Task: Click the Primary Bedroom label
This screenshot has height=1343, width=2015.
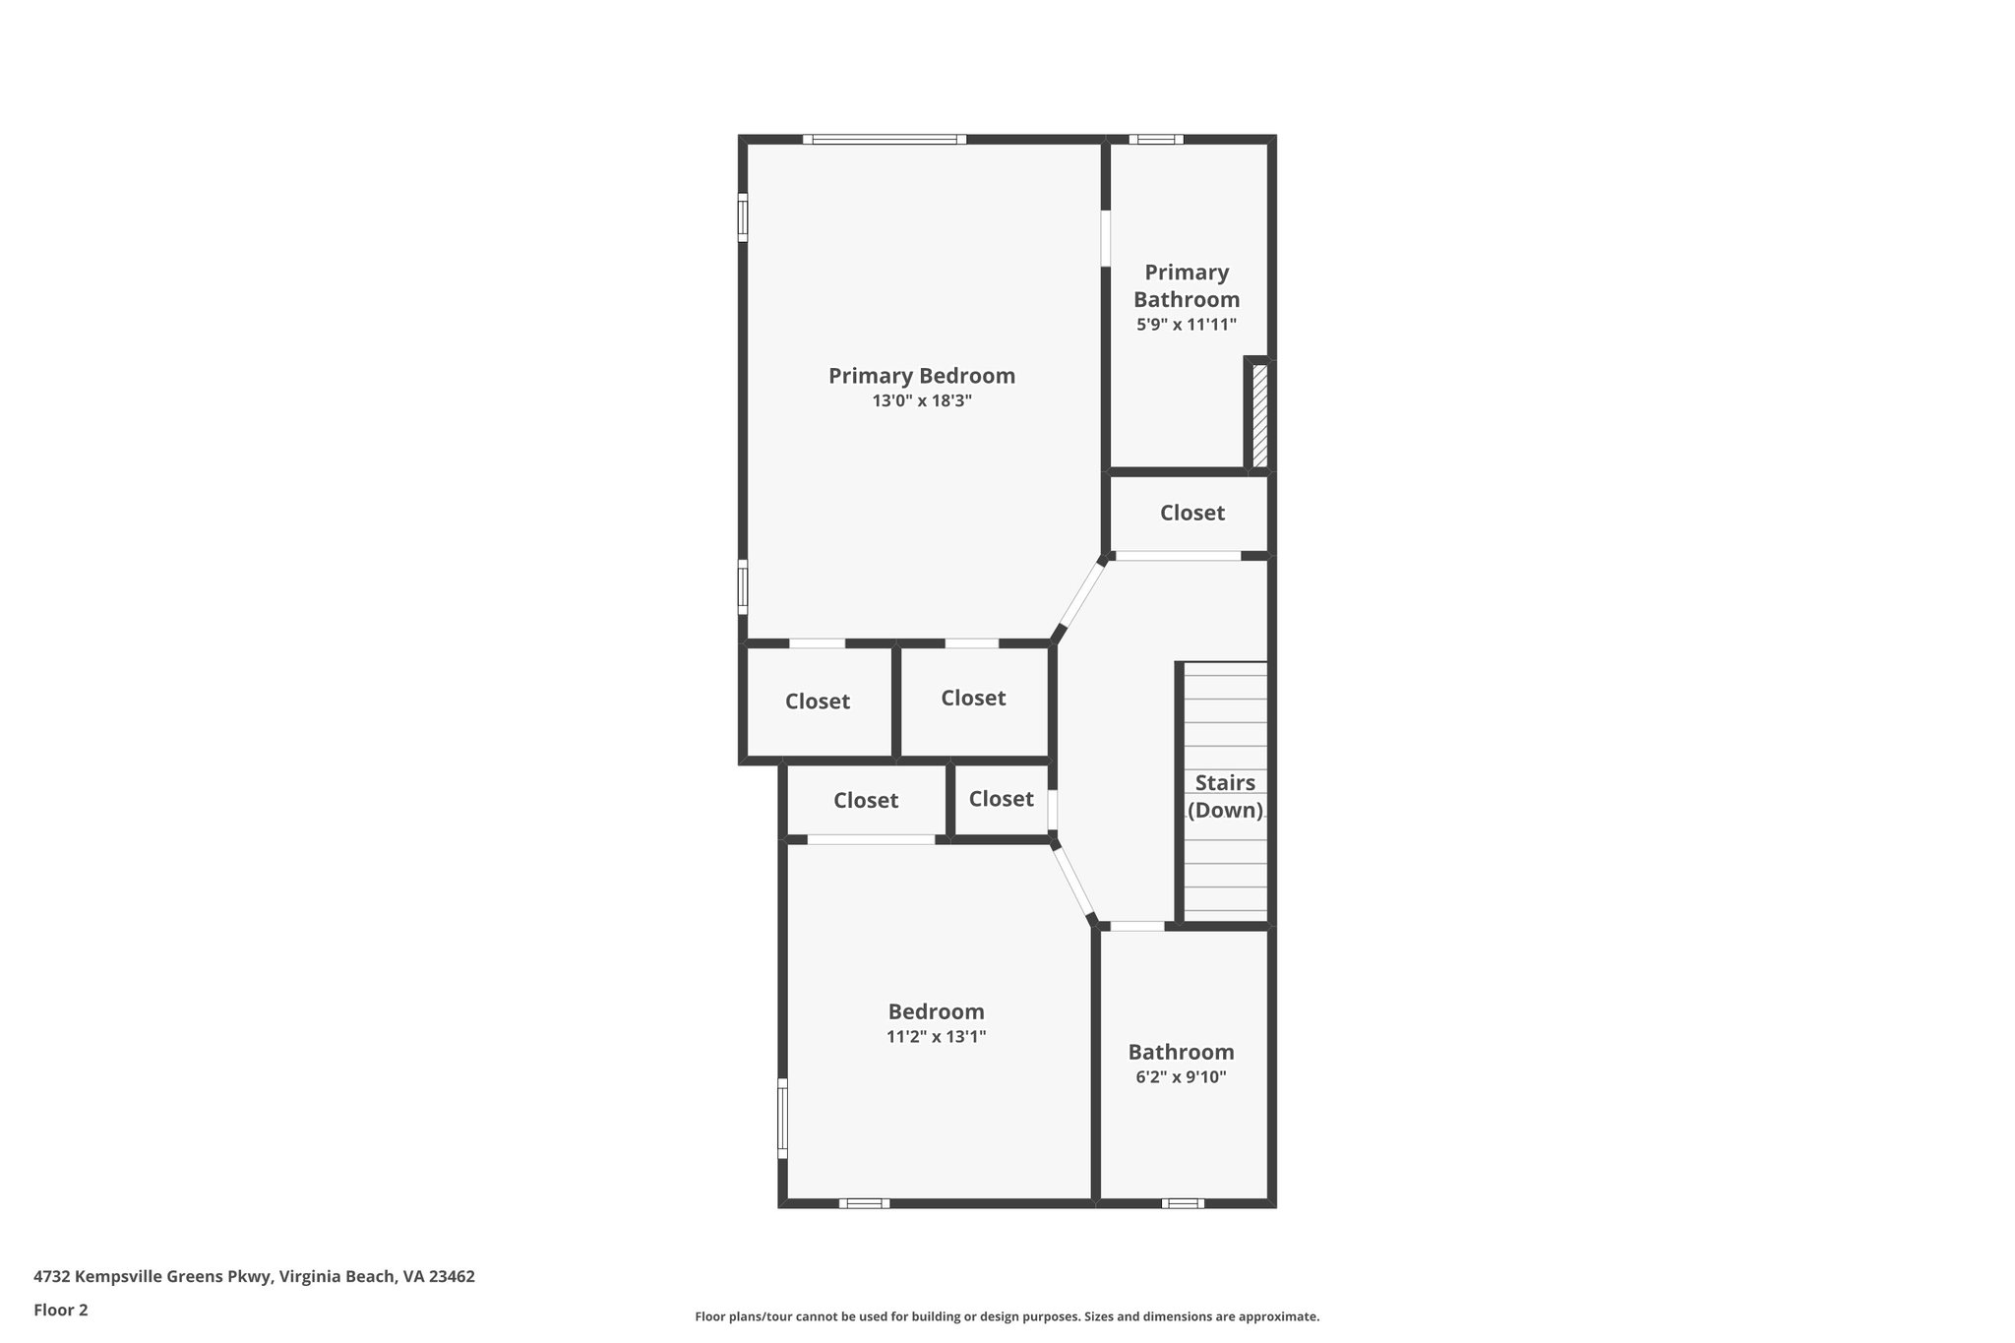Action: click(x=921, y=376)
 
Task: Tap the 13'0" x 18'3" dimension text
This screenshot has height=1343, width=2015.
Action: click(x=921, y=401)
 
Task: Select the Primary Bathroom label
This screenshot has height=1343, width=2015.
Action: click(x=1187, y=285)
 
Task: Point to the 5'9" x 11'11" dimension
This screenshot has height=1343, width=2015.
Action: click(x=1187, y=325)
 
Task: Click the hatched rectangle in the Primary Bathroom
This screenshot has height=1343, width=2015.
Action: click(x=1259, y=414)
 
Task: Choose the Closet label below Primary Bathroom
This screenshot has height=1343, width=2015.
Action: click(x=1191, y=513)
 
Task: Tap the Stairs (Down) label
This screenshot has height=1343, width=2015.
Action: click(x=1225, y=796)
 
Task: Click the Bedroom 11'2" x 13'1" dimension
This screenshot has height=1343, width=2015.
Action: click(x=936, y=1036)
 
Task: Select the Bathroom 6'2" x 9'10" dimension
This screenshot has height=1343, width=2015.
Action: click(x=1181, y=1077)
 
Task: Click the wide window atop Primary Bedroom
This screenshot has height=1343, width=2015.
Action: click(x=885, y=140)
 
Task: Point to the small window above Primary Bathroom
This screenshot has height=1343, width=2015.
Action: click(x=1156, y=140)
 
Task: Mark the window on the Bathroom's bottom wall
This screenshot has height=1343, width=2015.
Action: click(x=1182, y=1202)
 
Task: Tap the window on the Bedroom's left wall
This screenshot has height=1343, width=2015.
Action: click(x=783, y=1118)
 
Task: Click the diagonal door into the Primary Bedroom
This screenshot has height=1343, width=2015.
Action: click(x=1080, y=596)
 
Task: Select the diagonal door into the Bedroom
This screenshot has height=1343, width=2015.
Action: click(x=1073, y=882)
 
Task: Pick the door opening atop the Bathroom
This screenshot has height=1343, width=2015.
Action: click(x=1136, y=926)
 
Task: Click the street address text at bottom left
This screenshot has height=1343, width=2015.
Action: click(x=254, y=1276)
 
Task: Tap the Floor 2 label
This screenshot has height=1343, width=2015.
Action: click(x=61, y=1310)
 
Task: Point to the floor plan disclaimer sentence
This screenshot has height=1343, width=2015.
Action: click(x=1007, y=1316)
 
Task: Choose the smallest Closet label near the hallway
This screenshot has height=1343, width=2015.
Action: click(x=1001, y=799)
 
